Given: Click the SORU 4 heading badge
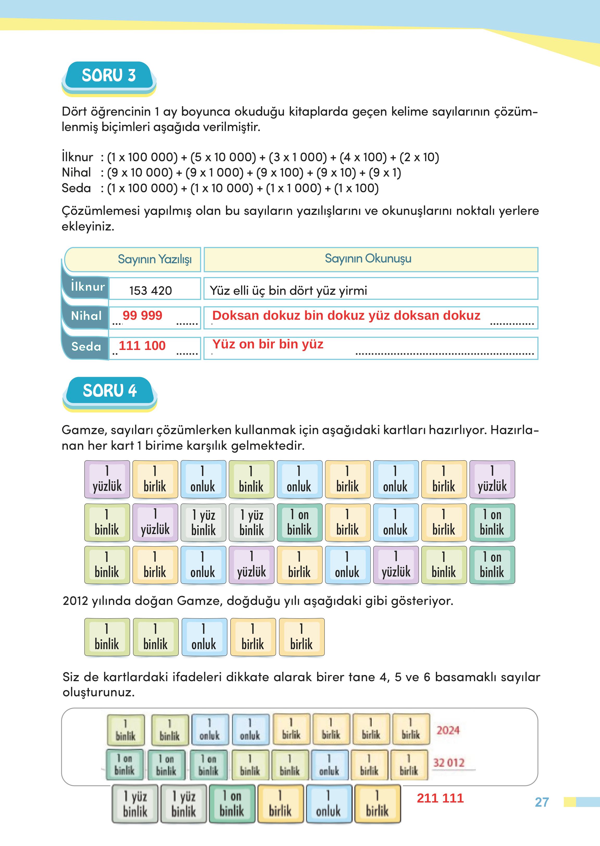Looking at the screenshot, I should [x=110, y=391].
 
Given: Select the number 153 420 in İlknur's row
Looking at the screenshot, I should [x=150, y=290].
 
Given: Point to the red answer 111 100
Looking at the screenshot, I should [x=142, y=346].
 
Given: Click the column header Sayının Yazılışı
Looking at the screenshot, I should [x=154, y=259].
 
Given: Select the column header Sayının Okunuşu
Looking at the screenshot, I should [x=368, y=258].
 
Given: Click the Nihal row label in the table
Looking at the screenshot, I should [x=86, y=316].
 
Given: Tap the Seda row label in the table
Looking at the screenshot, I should [x=86, y=347].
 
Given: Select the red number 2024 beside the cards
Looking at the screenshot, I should [x=448, y=730].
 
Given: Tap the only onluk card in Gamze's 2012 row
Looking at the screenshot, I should [x=204, y=637].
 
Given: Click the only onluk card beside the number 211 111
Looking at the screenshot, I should [x=328, y=804].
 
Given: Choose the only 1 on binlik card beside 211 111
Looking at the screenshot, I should [x=232, y=804].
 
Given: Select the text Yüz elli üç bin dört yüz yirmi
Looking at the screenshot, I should [x=288, y=290].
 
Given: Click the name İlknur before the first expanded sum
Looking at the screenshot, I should [x=77, y=157].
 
